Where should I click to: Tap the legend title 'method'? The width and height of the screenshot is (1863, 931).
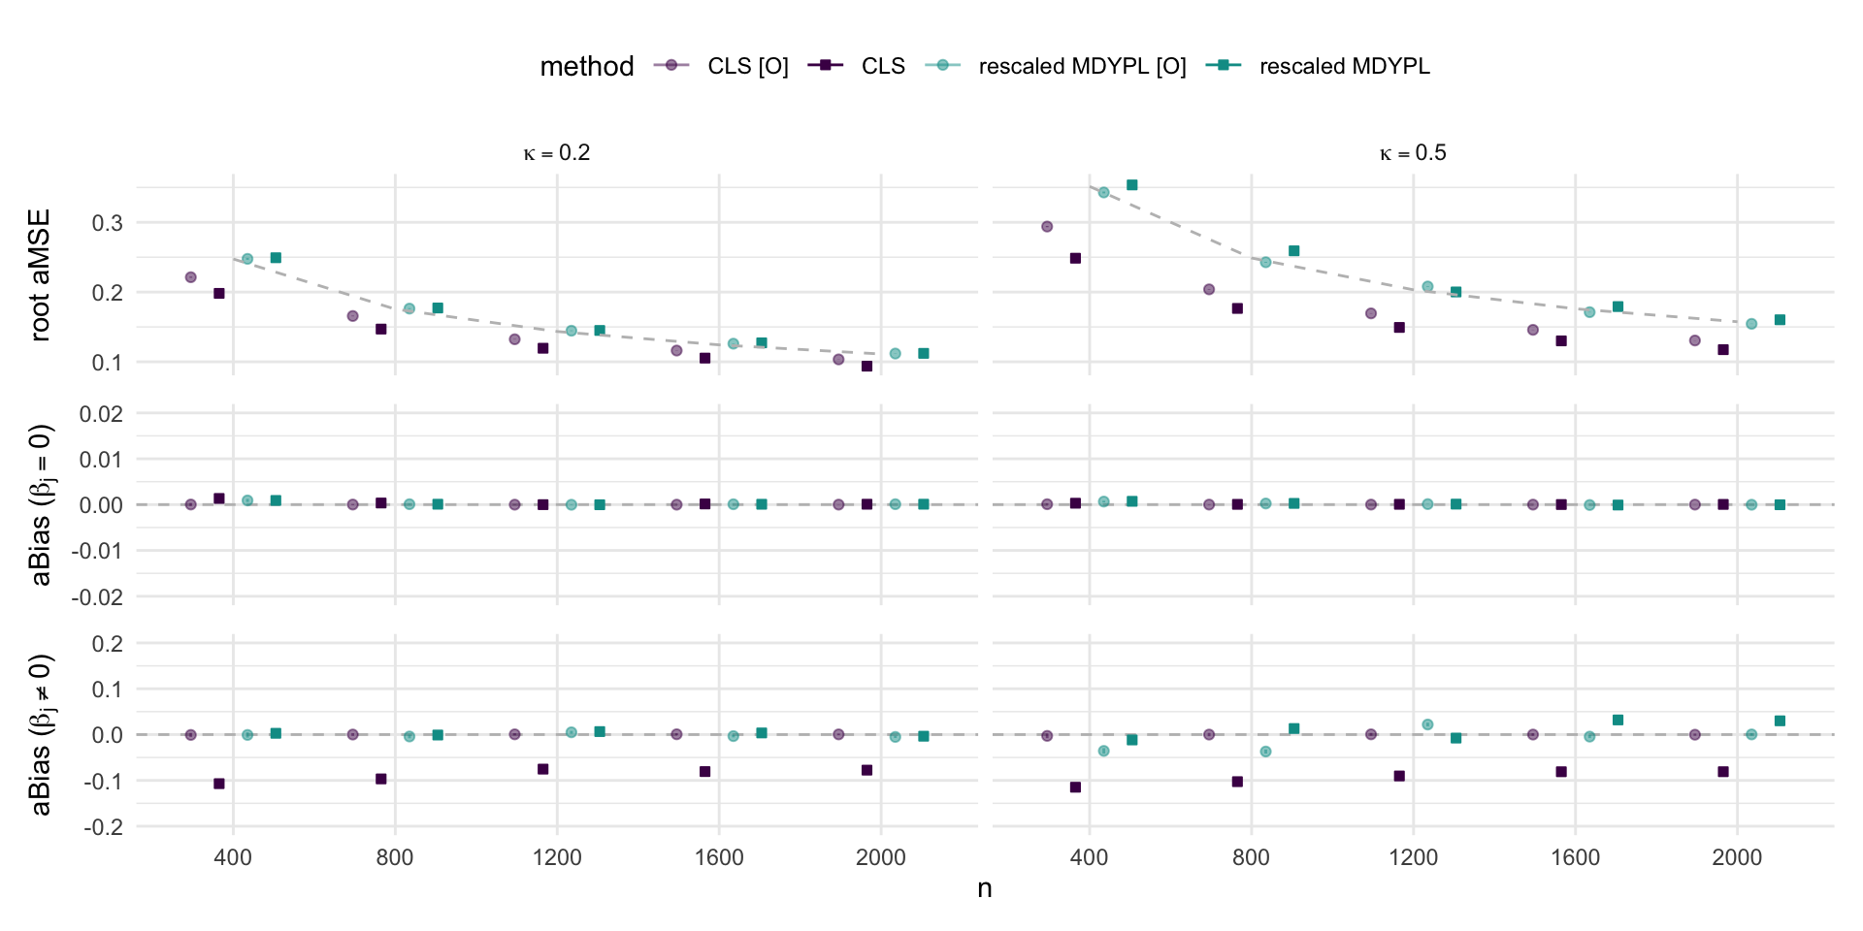tap(586, 66)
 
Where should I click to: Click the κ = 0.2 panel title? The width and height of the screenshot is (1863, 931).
tap(557, 153)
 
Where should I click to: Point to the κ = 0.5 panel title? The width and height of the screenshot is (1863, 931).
tap(1413, 153)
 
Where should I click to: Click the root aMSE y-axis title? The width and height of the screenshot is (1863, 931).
tap(40, 274)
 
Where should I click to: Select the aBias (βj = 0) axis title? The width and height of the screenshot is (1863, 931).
tap(40, 505)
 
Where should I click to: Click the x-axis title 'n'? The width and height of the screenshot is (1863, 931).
tap(985, 888)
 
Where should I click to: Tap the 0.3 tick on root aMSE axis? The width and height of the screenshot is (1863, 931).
tap(108, 223)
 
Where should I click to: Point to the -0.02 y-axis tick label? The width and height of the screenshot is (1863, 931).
tap(97, 597)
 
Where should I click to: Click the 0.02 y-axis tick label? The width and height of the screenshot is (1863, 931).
tap(100, 414)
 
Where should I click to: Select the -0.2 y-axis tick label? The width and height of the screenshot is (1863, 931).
tap(102, 827)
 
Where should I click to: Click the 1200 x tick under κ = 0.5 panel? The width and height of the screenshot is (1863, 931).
tap(1413, 857)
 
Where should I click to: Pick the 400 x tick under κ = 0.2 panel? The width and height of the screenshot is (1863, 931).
tap(233, 857)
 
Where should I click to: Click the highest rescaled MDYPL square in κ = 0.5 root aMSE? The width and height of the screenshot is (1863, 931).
tap(1131, 185)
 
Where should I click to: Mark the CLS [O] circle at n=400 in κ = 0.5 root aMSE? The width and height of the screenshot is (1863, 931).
tap(1047, 227)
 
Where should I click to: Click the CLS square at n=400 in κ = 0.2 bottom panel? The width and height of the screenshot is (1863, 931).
tap(219, 784)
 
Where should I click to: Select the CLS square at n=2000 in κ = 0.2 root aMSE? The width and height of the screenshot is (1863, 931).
tap(866, 367)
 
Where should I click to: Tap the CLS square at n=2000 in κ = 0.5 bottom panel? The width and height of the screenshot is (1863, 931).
tap(1723, 772)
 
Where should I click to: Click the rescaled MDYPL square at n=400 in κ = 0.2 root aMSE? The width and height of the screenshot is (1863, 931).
tap(276, 258)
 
